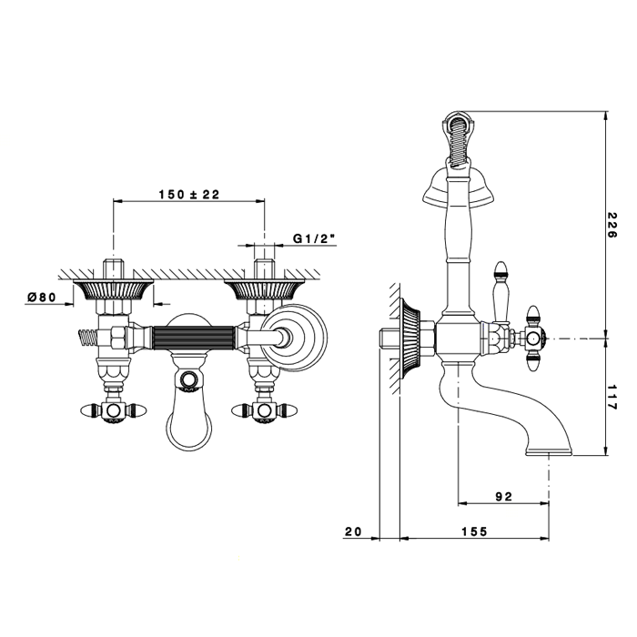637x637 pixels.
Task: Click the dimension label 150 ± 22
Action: point(189,195)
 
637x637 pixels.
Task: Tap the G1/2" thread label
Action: point(314,238)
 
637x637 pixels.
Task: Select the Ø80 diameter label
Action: point(42,297)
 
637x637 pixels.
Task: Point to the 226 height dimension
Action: point(612,225)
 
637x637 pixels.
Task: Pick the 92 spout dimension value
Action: point(504,497)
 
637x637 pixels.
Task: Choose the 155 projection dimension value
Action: point(474,531)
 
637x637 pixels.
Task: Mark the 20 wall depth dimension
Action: point(353,531)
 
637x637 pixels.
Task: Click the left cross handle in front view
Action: point(114,410)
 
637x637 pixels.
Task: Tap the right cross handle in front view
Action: point(265,410)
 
